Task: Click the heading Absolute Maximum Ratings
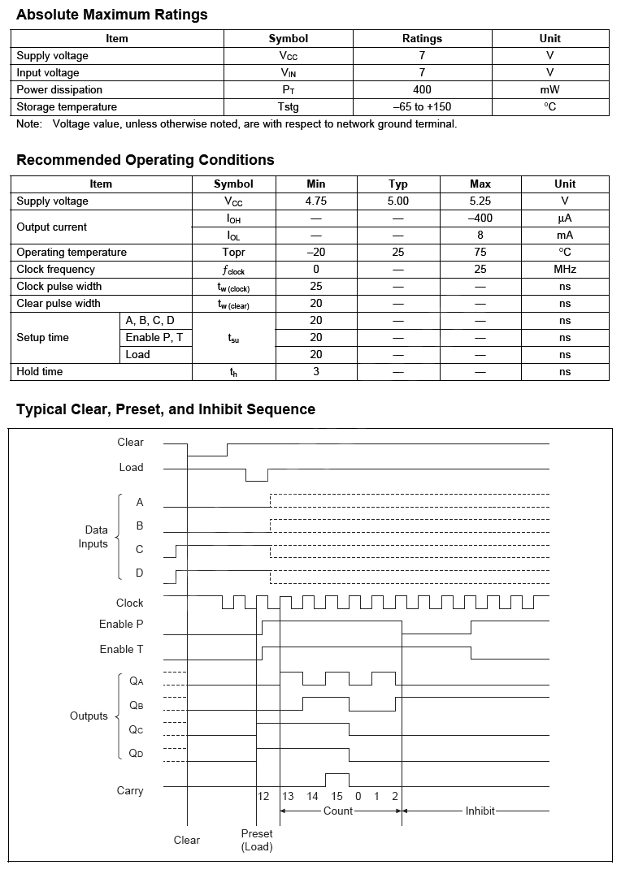[112, 15]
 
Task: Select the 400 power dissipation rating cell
[422, 90]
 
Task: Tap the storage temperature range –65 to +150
[422, 107]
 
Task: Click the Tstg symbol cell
[289, 107]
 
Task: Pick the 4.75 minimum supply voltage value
[316, 201]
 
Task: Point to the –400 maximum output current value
[480, 218]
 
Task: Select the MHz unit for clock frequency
[565, 270]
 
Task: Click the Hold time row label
[40, 372]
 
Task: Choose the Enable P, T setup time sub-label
[154, 338]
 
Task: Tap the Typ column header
[398, 184]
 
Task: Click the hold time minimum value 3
[316, 372]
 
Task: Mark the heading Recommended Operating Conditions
[145, 160]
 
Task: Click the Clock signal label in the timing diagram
[130, 603]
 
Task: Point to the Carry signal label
[130, 791]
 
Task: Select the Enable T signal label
[122, 650]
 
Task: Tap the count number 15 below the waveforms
[337, 797]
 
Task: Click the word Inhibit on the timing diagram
[480, 811]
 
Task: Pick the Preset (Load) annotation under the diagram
[257, 841]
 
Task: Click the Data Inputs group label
[93, 537]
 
